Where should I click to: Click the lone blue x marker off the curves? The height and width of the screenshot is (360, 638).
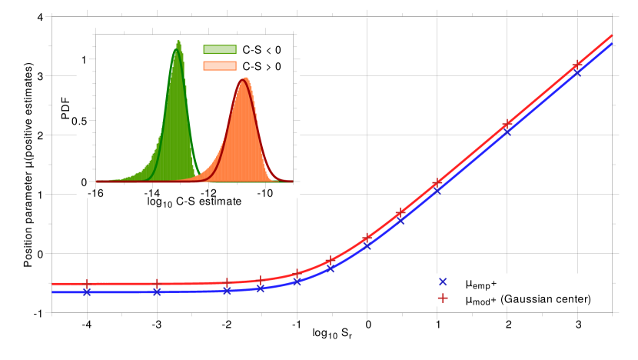tap(443, 282)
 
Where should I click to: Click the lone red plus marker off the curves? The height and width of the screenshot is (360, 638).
tap(443, 298)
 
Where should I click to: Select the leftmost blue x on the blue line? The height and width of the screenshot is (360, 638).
tap(87, 292)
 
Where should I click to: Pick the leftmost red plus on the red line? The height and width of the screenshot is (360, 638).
tap(87, 284)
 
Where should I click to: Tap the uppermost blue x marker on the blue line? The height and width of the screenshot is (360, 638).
tap(577, 73)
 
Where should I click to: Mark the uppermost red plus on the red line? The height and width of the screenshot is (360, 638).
tap(577, 65)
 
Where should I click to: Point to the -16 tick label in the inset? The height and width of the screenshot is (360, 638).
tap(96, 192)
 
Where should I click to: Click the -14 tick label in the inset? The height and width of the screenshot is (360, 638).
tap(152, 192)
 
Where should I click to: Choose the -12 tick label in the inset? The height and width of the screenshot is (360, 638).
tap(209, 192)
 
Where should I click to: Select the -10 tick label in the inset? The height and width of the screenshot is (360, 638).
tap(265, 192)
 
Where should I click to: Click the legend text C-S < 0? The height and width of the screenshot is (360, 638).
tap(262, 50)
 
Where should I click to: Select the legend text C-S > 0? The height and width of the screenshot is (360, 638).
tap(262, 67)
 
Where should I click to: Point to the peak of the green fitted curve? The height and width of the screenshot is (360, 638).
tap(178, 50)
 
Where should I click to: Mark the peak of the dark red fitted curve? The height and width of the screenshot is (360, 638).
tap(243, 79)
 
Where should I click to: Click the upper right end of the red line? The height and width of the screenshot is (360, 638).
tap(612, 35)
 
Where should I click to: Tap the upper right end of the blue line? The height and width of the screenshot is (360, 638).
tap(612, 44)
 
